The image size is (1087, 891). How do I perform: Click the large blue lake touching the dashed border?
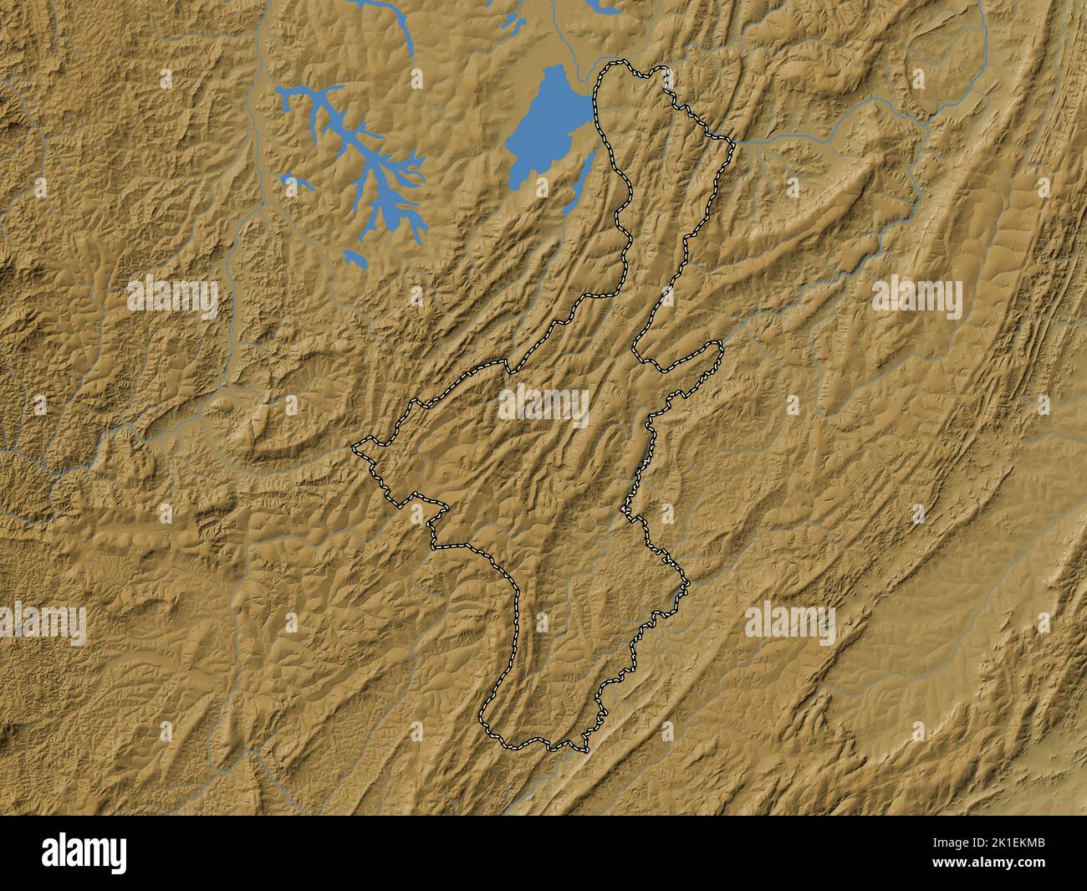(543, 125)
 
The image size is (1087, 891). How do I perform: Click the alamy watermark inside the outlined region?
(543, 404)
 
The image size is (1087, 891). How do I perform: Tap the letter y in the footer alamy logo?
(120, 855)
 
